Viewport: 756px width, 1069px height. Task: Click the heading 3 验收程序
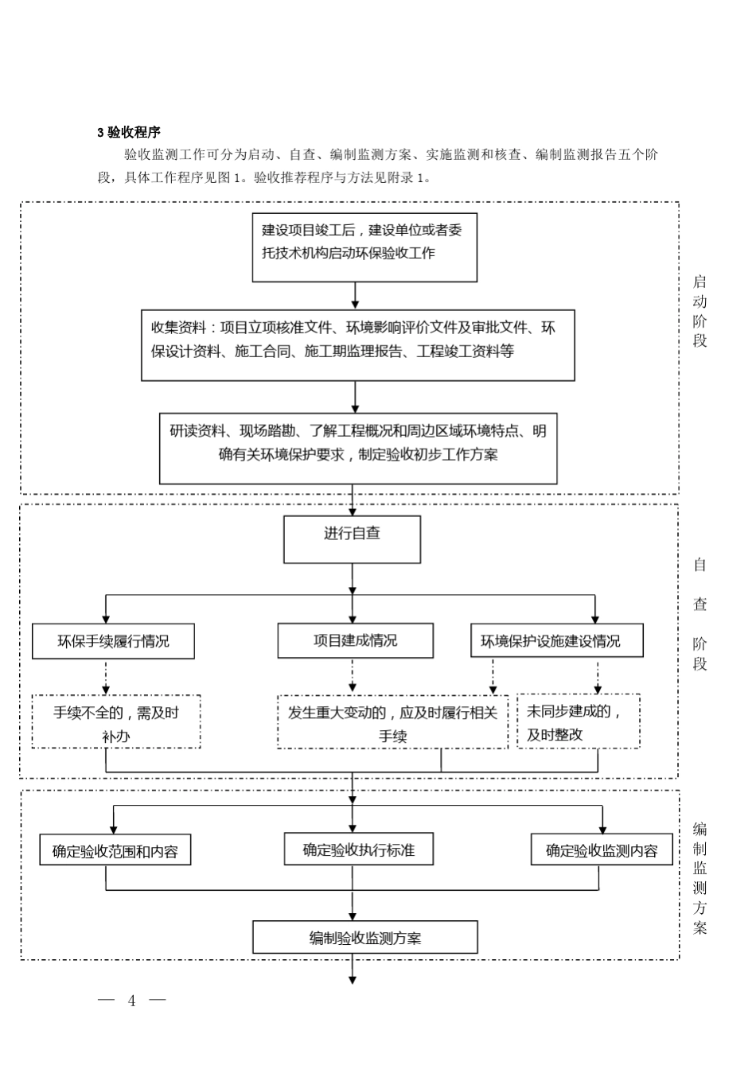[129, 132]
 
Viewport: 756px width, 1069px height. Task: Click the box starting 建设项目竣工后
[364, 247]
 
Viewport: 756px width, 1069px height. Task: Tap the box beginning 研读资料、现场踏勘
[358, 448]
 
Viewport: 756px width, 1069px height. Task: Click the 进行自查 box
[352, 539]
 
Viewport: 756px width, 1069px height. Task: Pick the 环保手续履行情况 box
[113, 641]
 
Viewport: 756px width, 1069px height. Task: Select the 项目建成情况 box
[355, 640]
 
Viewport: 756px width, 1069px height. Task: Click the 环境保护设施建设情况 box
[556, 641]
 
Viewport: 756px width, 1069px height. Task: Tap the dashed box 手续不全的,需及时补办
[116, 721]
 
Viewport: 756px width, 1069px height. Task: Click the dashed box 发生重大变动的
[392, 722]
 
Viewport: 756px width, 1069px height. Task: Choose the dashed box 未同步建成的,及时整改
[579, 721]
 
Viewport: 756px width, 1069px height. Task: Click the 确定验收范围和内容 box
[115, 850]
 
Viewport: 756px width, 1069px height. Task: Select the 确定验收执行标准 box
[360, 849]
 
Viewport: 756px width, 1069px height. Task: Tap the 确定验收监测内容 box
[601, 850]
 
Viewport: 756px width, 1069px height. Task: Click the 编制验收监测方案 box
[365, 937]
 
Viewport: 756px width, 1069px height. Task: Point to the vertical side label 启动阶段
[699, 311]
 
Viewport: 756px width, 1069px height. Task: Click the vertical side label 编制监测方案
[699, 878]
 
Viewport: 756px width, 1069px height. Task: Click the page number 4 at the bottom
[132, 1001]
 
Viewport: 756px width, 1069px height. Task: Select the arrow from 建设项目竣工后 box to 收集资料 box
[355, 294]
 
